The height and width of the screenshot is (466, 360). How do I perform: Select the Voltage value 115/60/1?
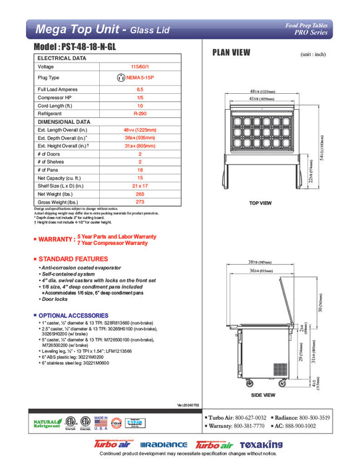(140, 67)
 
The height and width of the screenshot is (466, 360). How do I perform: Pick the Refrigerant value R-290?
(140, 114)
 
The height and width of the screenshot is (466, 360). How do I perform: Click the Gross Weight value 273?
(140, 201)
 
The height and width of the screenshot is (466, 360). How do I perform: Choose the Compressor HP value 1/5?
(140, 98)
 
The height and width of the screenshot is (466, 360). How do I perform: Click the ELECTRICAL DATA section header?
(62, 58)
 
